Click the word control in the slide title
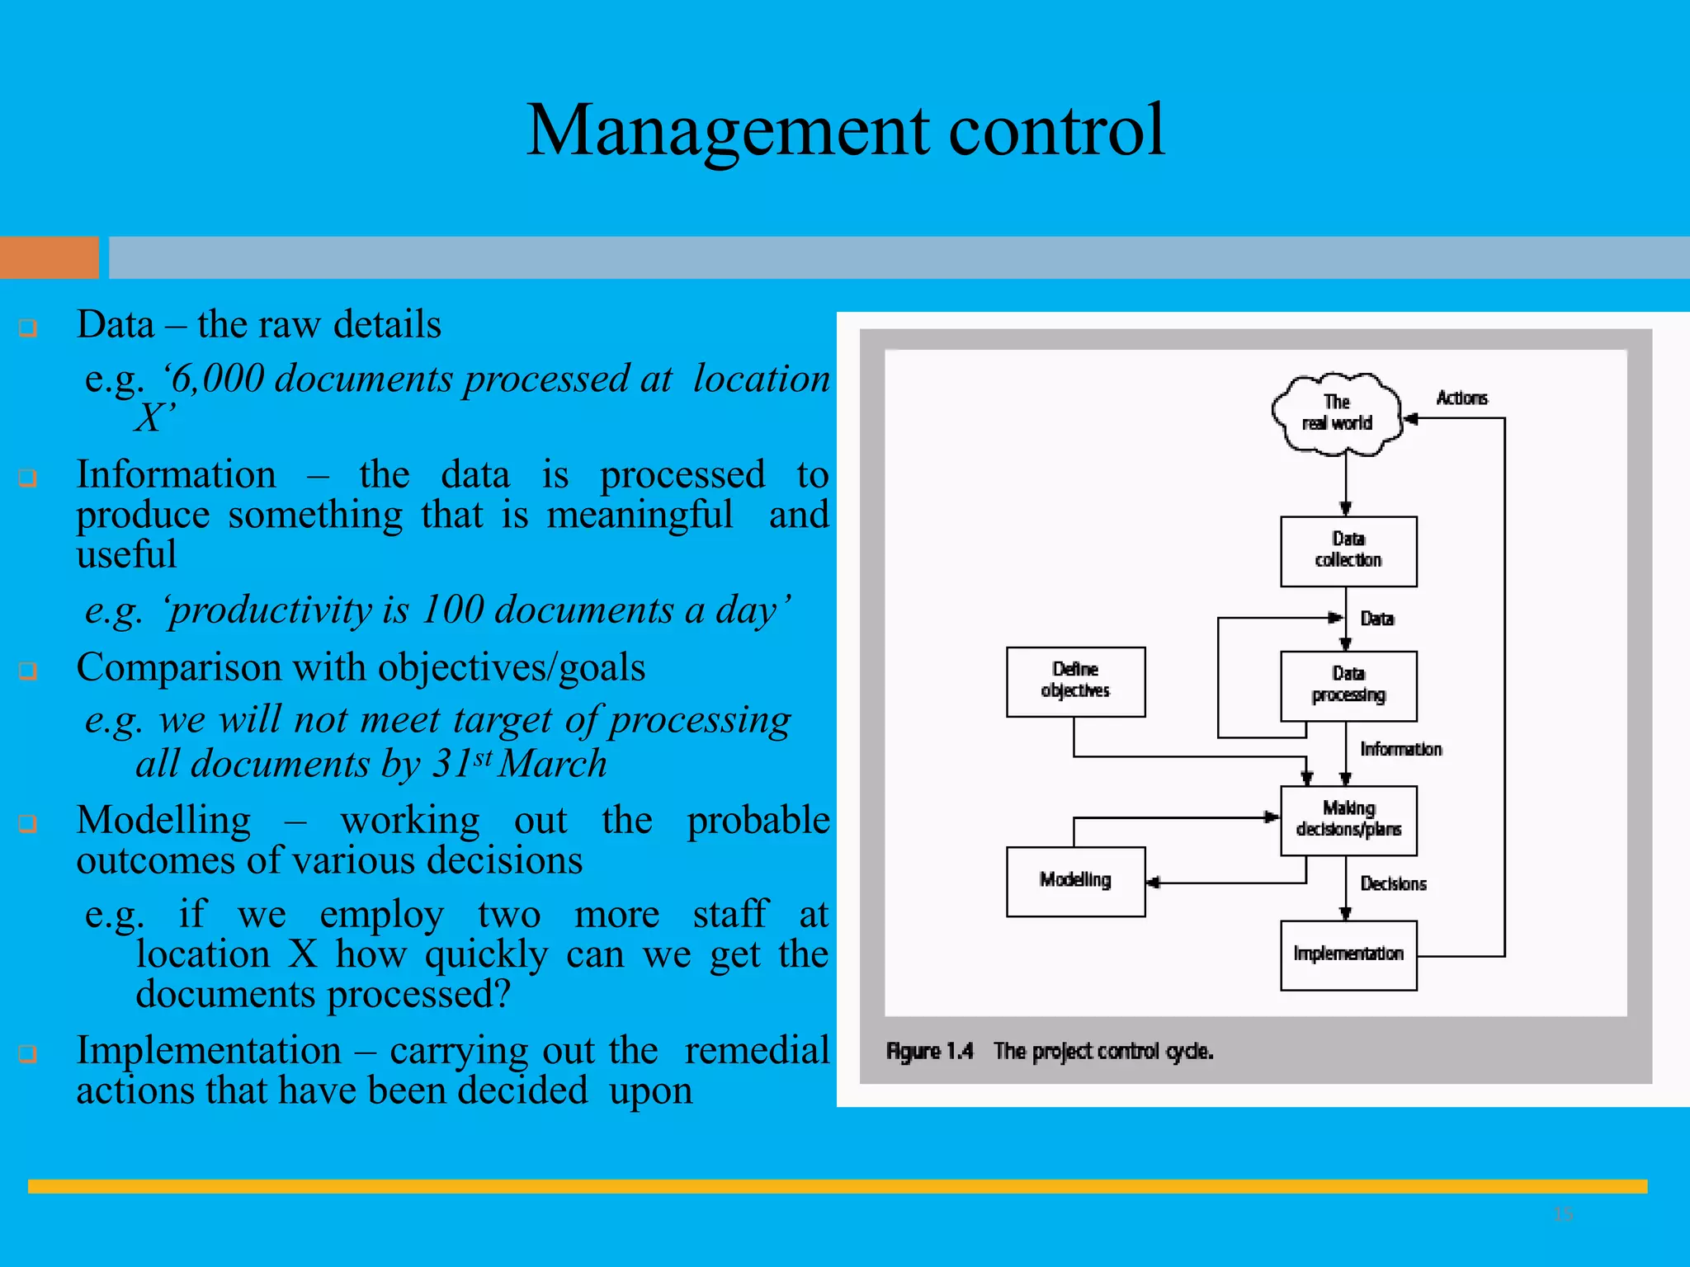[1057, 130]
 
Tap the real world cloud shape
[1337, 413]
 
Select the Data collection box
[1348, 551]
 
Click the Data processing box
[1348, 685]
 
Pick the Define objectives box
[1075, 681]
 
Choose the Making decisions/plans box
[1348, 820]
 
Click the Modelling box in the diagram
[1075, 881]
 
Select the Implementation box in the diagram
[1348, 954]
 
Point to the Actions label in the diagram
[1461, 398]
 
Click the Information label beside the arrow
[1400, 749]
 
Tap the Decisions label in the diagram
[1393, 884]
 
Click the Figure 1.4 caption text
[1049, 1052]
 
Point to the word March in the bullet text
[553, 764]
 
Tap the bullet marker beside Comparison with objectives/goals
[28, 671]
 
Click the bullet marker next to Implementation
[28, 1053]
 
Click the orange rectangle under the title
[49, 257]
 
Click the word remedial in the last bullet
[757, 1051]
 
